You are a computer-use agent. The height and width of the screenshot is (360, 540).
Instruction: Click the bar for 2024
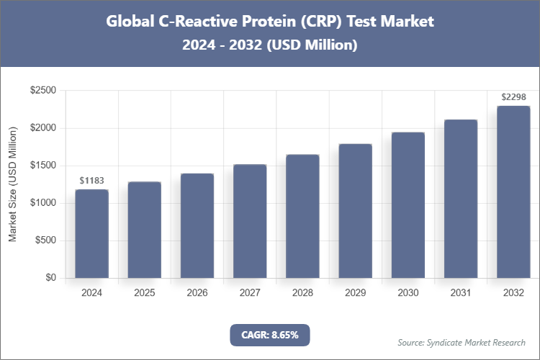(x=91, y=233)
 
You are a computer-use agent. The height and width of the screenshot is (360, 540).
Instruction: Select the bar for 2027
(x=250, y=221)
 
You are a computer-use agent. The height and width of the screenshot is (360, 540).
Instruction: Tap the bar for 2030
(x=408, y=205)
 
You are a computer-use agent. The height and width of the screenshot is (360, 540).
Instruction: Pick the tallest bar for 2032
(x=513, y=192)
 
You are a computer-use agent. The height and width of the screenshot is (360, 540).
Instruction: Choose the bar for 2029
(x=355, y=211)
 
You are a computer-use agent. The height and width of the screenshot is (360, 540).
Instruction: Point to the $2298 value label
(x=513, y=96)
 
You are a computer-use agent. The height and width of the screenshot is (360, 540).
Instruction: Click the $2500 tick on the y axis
(x=43, y=91)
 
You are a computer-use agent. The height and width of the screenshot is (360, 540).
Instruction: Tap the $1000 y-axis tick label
(x=43, y=203)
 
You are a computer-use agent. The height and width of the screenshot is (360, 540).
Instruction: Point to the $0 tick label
(x=51, y=278)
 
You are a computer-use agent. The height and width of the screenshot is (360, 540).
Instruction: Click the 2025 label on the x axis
(x=144, y=293)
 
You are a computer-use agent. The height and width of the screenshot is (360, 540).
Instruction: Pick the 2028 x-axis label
(x=302, y=293)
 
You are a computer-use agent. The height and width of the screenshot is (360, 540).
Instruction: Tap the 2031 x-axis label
(x=460, y=293)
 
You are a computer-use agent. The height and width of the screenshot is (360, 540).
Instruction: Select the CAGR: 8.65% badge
(x=270, y=335)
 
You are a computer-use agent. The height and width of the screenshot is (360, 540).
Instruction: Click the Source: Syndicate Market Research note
(x=462, y=342)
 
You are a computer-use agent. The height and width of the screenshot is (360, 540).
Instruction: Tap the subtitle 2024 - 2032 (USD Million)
(x=270, y=45)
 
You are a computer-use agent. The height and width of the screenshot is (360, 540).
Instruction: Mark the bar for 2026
(x=197, y=225)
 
